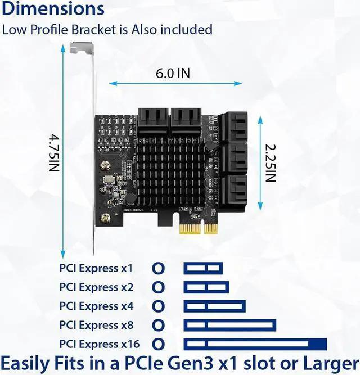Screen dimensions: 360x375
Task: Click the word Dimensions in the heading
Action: (53, 10)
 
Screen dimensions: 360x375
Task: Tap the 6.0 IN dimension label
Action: (172, 73)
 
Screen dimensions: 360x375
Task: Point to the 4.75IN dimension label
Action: (53, 152)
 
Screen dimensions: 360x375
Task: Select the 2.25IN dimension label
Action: (270, 162)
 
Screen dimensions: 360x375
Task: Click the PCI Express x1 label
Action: (96, 268)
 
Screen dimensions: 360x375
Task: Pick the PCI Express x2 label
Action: (96, 287)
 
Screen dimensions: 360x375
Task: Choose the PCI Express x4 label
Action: (96, 306)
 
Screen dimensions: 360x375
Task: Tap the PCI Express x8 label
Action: (96, 325)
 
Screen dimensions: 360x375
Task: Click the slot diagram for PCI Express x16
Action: (255, 344)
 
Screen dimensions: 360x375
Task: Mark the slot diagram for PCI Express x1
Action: (203, 268)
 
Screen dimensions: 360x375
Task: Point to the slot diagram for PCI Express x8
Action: (229, 325)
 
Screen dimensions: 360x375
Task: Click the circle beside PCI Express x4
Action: (159, 306)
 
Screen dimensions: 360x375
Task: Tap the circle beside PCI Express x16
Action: (159, 344)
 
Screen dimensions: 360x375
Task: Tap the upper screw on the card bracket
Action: (105, 166)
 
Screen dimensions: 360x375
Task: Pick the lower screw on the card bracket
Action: (105, 217)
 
